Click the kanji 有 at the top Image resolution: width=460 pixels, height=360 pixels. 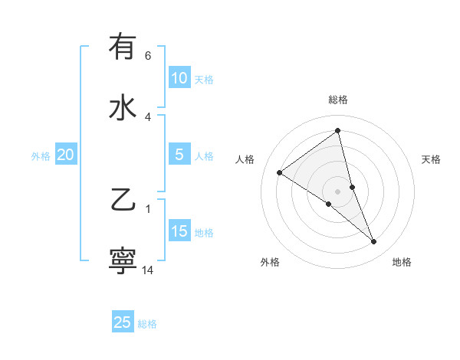point(123,47)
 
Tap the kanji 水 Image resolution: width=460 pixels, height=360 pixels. point(123,107)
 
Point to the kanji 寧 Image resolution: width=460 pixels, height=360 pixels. point(123,260)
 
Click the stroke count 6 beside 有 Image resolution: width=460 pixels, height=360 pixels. point(148,56)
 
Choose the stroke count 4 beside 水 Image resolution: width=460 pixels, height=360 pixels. point(148,116)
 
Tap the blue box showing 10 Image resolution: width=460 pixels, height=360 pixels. point(179,78)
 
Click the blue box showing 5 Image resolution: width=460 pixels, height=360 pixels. point(179,155)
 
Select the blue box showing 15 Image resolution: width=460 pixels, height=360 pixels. point(179,231)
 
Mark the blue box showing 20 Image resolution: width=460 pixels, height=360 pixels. point(66,155)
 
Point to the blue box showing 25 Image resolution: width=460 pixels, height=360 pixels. point(123,322)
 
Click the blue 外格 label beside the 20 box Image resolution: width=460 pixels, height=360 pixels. point(41,156)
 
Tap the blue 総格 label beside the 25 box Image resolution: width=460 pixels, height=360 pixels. point(148,324)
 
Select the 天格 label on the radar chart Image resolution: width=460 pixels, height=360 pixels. point(431,159)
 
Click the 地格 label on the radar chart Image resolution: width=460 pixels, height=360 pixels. point(402,262)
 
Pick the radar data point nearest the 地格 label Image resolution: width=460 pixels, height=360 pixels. point(374,242)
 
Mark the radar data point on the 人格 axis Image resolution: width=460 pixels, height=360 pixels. point(279,172)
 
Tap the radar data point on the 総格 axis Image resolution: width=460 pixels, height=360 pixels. point(337,130)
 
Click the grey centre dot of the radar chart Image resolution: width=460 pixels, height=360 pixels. point(337,191)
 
